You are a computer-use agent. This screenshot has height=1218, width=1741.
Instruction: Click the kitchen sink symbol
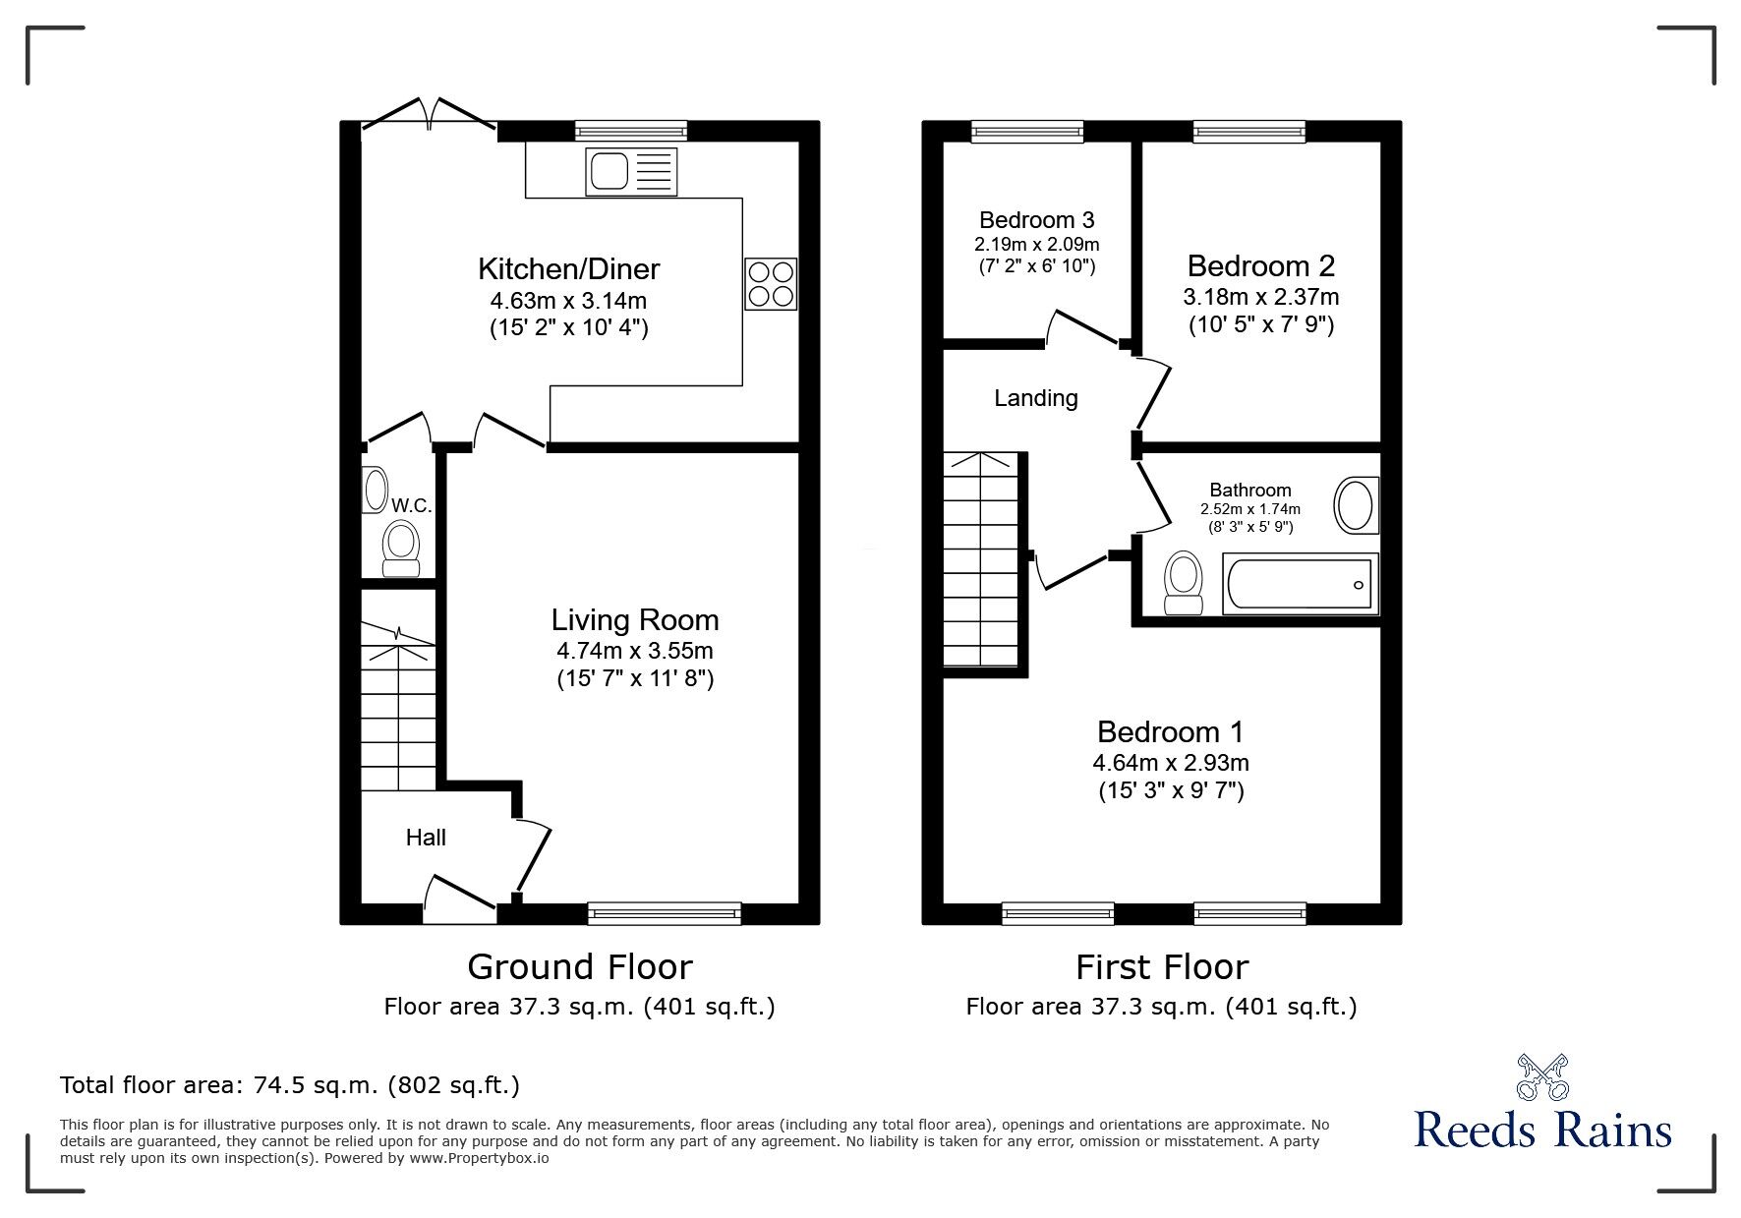(631, 170)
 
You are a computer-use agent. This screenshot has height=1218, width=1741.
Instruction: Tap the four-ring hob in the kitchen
(771, 283)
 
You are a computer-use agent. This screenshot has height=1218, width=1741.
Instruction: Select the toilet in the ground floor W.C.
(400, 549)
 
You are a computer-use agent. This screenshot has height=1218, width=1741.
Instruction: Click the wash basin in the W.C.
(375, 490)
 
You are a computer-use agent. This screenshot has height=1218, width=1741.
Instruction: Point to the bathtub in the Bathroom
(1300, 584)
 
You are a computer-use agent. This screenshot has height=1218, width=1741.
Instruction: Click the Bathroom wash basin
(1357, 506)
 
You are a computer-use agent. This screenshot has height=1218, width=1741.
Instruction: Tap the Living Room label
(635, 620)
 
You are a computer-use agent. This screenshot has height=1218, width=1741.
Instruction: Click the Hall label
(426, 838)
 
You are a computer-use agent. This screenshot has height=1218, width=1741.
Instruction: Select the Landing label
(1036, 398)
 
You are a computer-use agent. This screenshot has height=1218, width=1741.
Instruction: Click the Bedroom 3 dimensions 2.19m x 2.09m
(1037, 244)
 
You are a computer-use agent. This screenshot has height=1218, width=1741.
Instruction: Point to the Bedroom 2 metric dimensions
(1261, 296)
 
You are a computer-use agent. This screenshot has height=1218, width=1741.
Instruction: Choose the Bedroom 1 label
(1171, 732)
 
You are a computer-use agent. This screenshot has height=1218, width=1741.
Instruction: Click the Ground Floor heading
(580, 967)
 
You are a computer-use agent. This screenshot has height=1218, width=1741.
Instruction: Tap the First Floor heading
(1162, 967)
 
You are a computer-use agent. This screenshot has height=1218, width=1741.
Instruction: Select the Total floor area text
(290, 1085)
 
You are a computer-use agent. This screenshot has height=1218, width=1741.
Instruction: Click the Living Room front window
(665, 913)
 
